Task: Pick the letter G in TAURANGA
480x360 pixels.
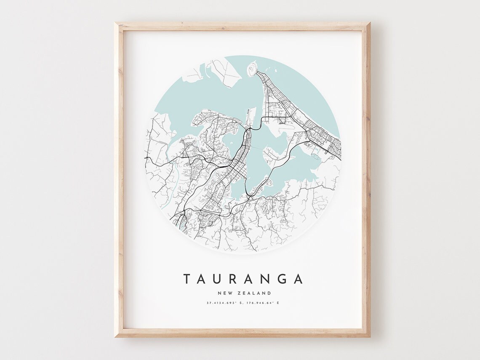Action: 283,279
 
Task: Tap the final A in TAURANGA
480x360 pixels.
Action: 299,279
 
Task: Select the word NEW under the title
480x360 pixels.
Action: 224,293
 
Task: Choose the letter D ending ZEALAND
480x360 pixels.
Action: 270,293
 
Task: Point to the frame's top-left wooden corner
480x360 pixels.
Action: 117,26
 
